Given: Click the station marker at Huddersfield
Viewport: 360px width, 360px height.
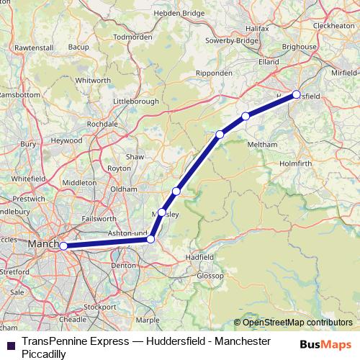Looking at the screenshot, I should pos(296,94).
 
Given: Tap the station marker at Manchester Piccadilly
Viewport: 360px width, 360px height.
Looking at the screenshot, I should pos(63,246).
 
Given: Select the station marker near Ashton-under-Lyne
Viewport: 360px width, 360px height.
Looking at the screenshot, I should pos(151,238).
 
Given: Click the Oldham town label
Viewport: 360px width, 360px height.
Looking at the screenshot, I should pos(124,189).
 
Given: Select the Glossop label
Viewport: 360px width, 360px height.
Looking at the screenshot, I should pos(211,275).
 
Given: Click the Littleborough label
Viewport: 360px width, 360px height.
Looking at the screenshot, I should pos(136,102).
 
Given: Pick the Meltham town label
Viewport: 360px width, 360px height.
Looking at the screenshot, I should pos(262,144).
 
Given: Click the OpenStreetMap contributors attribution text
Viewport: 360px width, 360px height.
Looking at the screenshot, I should pos(297,322).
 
